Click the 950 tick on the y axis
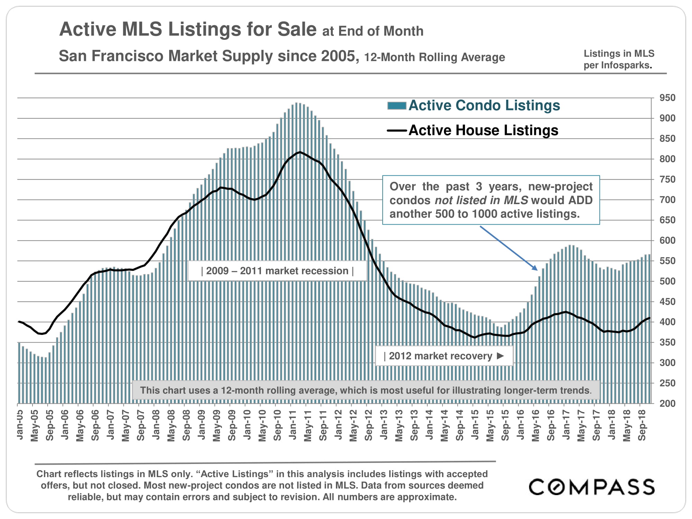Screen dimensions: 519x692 click(x=667, y=98)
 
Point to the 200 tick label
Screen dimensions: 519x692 click(x=667, y=403)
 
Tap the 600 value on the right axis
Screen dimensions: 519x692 click(x=667, y=240)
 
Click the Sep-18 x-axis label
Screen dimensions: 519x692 click(x=642, y=425)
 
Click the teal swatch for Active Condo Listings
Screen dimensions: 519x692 click(x=397, y=106)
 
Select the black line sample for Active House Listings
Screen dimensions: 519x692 click(x=397, y=130)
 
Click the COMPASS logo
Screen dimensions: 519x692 click(x=591, y=487)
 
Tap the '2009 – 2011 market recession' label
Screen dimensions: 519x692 click(x=277, y=271)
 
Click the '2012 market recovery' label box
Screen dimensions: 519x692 click(x=444, y=356)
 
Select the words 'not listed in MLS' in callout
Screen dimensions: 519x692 click(x=481, y=200)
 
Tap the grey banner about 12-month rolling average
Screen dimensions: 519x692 click(x=366, y=390)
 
